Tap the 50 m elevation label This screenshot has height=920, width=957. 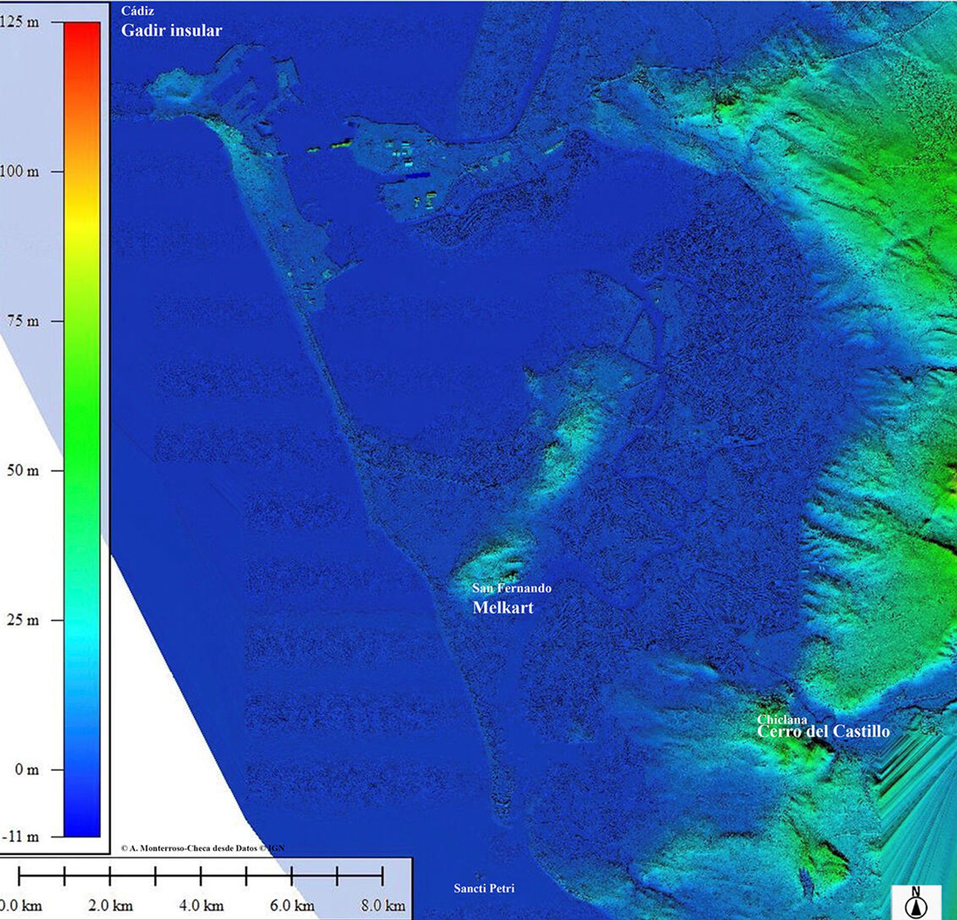[23, 470]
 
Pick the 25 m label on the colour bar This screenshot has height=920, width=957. [23, 620]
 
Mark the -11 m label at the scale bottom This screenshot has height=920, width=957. [20, 836]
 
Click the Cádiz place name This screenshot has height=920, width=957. [138, 11]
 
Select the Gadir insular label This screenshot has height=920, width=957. [171, 30]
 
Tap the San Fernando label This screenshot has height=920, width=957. [511, 588]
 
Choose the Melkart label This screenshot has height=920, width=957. [503, 607]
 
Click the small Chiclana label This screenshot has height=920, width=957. [782, 719]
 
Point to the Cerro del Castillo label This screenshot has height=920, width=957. [823, 731]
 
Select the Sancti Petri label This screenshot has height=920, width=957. [483, 888]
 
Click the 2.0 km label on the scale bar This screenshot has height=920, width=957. [111, 905]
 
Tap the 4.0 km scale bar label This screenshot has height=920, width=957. [201, 905]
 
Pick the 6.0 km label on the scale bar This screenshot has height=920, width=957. [292, 905]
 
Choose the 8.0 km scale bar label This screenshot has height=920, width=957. [383, 905]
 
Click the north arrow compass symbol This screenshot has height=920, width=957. [916, 903]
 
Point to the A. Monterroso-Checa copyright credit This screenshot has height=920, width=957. [202, 848]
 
